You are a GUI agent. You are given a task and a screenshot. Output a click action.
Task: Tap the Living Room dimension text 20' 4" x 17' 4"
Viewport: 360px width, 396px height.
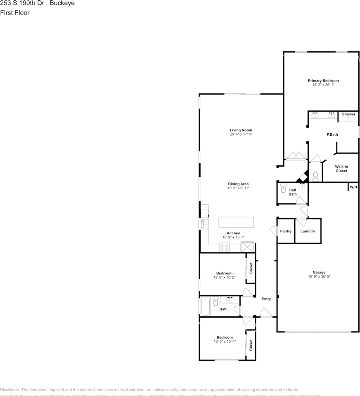241,134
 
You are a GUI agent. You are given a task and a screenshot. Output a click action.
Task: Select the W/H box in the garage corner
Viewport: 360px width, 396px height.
353,187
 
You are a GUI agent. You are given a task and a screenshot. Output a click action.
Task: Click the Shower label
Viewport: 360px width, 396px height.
348,114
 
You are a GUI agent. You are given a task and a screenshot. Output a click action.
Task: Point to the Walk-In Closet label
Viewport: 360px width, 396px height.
341,168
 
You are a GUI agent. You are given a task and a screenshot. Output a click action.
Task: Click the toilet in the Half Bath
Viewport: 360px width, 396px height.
283,189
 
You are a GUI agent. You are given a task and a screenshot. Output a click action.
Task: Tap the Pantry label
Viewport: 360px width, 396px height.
286,231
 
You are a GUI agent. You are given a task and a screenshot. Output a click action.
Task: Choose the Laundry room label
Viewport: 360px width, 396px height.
308,231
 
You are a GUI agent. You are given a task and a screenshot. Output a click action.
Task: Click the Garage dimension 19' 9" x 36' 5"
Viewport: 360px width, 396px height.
319,277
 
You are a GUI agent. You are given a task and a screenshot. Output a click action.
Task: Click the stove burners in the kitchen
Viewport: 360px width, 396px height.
225,247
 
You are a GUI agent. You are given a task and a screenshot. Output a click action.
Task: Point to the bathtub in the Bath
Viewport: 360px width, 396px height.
206,306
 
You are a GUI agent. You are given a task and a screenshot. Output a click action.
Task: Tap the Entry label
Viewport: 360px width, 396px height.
266,299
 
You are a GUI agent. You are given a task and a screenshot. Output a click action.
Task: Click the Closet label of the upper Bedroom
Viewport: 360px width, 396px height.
251,268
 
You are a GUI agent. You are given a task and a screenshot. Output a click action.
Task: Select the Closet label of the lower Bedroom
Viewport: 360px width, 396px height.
251,345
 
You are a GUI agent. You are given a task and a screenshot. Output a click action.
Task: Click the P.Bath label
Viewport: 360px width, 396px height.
332,134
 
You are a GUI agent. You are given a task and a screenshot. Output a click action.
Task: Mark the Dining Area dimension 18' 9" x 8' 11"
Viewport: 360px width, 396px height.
238,188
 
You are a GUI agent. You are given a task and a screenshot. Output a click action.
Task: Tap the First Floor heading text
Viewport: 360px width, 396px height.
15,13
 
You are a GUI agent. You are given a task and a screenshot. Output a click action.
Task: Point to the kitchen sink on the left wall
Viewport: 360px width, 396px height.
204,224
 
